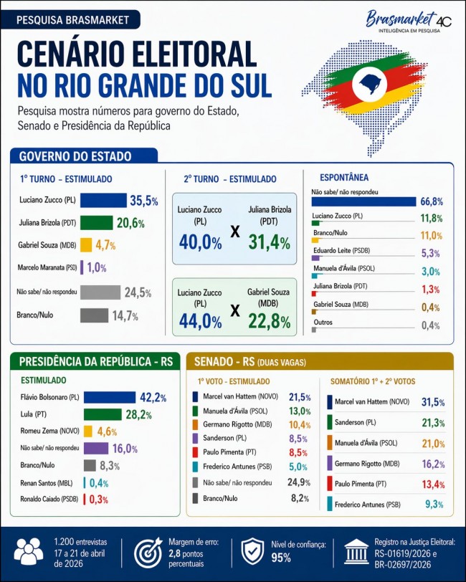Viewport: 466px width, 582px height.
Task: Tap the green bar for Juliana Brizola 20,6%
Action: click(96, 223)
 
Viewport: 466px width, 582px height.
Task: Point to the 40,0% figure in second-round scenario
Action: click(200, 242)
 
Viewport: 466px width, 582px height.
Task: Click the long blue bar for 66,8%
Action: click(363, 202)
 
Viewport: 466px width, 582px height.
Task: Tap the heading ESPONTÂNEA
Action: click(340, 176)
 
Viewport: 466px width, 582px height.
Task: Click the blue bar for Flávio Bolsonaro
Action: click(109, 397)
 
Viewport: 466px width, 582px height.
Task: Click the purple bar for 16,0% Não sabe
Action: click(95, 448)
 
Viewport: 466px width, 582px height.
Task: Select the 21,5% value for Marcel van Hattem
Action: click(299, 396)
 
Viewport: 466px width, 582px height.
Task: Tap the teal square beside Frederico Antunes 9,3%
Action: click(329, 505)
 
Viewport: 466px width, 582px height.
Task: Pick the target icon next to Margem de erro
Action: click(148, 553)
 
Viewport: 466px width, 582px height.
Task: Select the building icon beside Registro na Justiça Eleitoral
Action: click(356, 553)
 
